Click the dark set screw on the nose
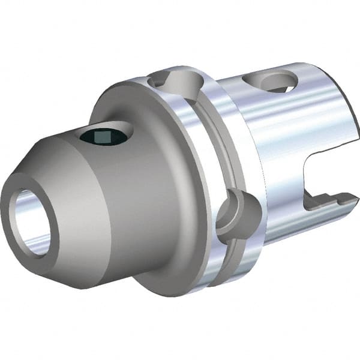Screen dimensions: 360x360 click(104, 136)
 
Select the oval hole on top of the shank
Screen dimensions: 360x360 click(270, 81)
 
